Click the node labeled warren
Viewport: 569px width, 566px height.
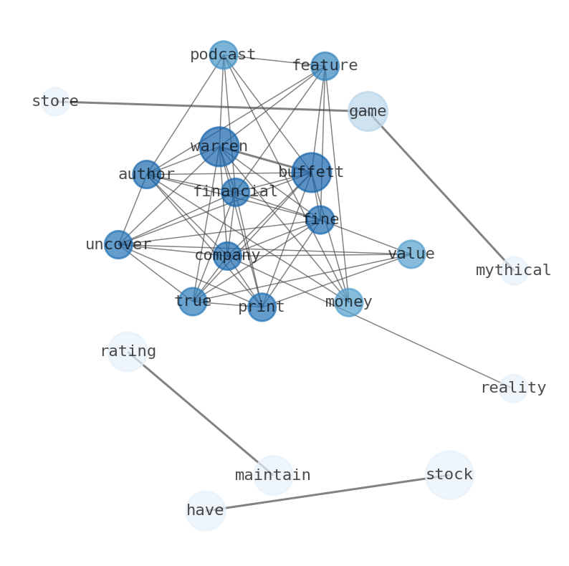[x=219, y=146]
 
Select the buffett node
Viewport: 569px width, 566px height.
[x=311, y=172]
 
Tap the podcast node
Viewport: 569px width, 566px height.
[x=224, y=55]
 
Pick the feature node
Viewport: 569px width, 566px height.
[x=325, y=66]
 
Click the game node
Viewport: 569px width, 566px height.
[x=368, y=111]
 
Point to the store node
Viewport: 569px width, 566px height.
[x=55, y=102]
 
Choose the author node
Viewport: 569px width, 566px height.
[x=147, y=174]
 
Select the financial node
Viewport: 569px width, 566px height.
[x=235, y=192]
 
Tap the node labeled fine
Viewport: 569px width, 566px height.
[x=320, y=220]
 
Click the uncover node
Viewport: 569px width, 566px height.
[x=118, y=244]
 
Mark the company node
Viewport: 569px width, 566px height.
[x=227, y=256]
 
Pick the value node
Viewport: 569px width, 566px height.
[x=411, y=254]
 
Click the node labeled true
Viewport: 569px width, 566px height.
[x=193, y=302]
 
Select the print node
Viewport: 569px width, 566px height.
[x=262, y=307]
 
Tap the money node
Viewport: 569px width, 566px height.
[x=348, y=302]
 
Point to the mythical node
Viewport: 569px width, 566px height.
[x=514, y=271]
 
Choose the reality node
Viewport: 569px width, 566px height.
[x=513, y=388]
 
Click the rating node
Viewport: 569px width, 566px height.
[x=128, y=352]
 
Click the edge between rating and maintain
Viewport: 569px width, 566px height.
[x=201, y=413]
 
